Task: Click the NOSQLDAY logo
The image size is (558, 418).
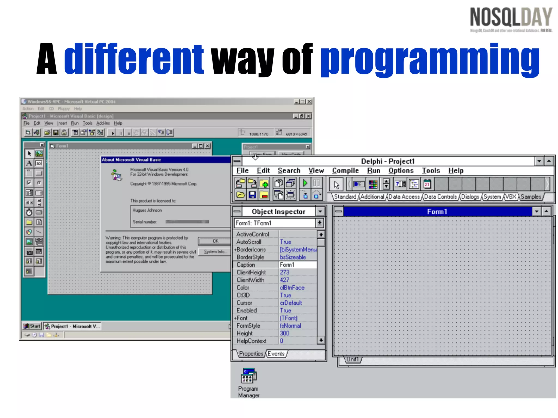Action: tap(511, 19)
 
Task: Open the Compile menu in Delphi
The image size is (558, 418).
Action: tap(345, 171)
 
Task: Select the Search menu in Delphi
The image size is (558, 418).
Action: tap(289, 171)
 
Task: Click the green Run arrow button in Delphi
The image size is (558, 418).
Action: tap(305, 183)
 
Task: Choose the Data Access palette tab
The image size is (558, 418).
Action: tap(404, 197)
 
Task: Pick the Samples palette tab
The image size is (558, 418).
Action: tap(530, 197)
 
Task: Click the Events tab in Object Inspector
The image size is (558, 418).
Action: tap(276, 354)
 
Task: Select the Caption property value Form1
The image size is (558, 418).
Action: tap(287, 265)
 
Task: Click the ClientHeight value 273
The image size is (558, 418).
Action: tap(284, 272)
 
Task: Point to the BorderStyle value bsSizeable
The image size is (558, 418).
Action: tap(293, 257)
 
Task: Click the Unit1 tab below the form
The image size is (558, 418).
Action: tap(352, 359)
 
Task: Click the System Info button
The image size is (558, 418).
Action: tap(215, 252)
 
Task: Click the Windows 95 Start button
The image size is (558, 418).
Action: tap(32, 326)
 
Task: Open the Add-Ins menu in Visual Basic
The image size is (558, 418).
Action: tap(103, 123)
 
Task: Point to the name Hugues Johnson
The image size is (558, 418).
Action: tap(147, 210)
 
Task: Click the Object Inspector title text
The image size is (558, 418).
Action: tap(278, 212)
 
